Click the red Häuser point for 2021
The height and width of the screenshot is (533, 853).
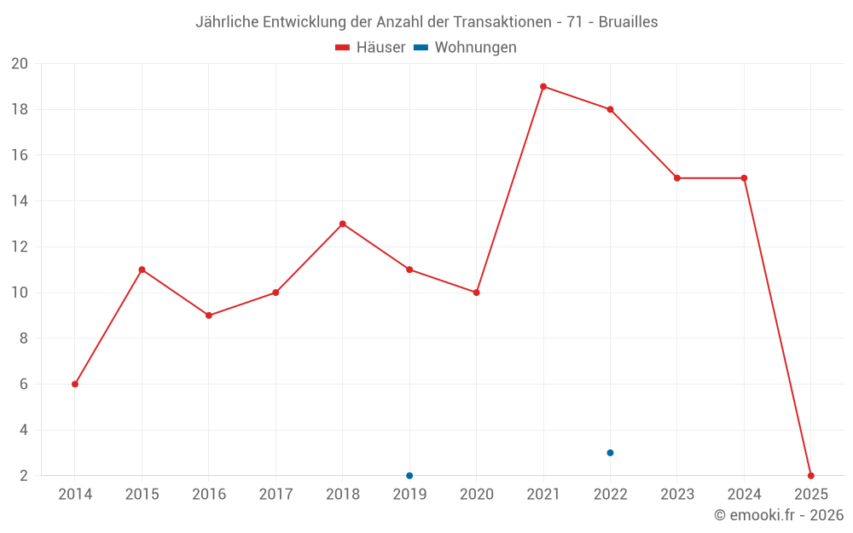click(543, 86)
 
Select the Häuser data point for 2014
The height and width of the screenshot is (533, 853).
click(75, 384)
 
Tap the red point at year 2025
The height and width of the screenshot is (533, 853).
click(810, 475)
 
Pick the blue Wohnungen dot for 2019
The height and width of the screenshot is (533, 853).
click(409, 475)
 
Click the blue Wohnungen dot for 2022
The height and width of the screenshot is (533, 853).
click(610, 453)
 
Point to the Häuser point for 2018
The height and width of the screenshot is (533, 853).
click(342, 224)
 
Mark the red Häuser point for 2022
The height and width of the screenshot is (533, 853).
click(610, 109)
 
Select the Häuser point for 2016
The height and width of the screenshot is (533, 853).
click(209, 316)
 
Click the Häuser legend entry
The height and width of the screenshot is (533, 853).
click(370, 48)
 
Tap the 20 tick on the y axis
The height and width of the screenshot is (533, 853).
click(20, 64)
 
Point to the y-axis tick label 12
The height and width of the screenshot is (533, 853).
click(20, 247)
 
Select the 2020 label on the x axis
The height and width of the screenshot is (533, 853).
click(476, 495)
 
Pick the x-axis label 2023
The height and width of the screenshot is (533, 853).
click(676, 495)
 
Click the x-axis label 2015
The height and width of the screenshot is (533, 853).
click(142, 495)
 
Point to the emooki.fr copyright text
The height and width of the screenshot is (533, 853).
click(779, 515)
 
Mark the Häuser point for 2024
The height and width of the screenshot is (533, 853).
click(744, 178)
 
